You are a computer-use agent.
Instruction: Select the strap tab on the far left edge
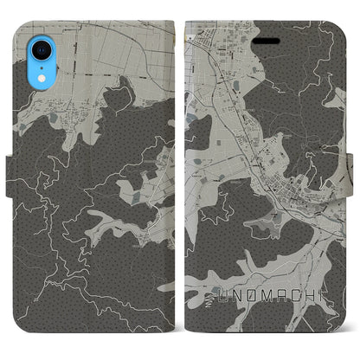[9, 179]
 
